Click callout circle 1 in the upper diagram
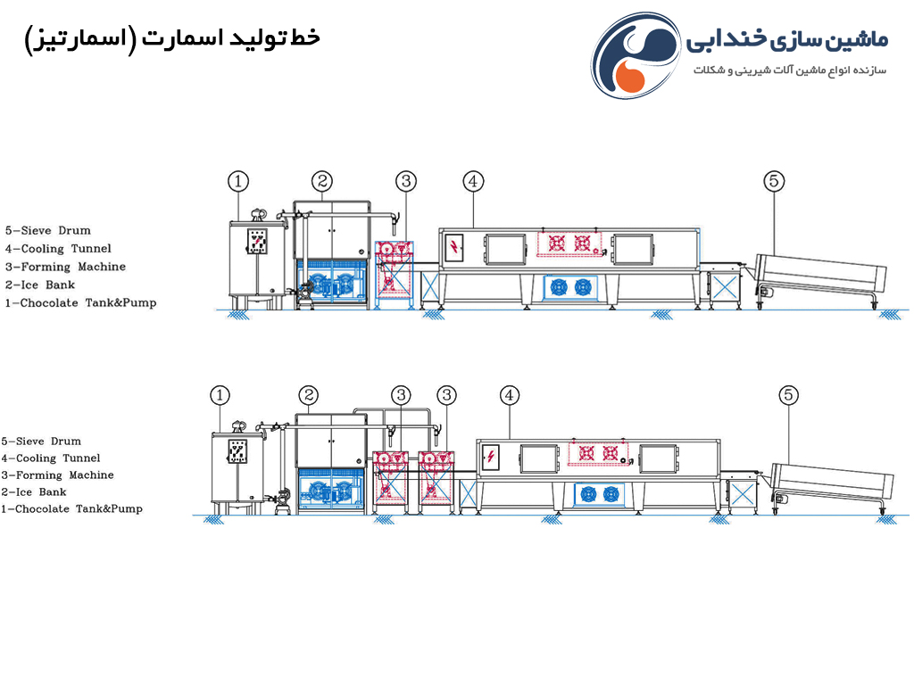237,182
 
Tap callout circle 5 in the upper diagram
774,181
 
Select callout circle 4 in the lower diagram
510,395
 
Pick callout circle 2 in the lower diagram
308,395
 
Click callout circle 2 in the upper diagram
321,182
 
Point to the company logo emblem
636,55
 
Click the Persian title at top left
172,39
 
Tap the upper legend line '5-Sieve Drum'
48,231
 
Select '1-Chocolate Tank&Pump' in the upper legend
80,303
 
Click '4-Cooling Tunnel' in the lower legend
51,458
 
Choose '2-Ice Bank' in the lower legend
34,492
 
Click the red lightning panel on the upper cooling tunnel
454,248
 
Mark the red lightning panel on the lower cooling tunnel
491,457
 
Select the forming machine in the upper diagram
394,275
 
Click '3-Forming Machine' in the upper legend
65,267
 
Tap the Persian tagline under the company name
790,70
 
